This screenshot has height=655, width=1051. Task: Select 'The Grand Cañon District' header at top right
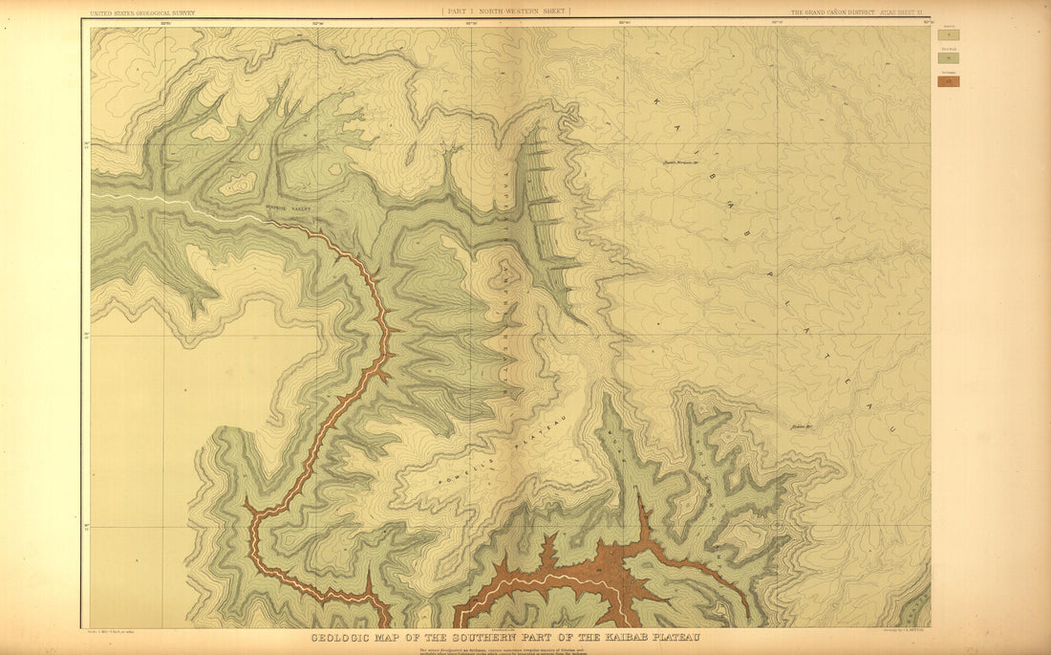(x=828, y=13)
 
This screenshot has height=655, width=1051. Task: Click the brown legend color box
(x=948, y=82)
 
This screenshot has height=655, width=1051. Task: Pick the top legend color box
(x=948, y=34)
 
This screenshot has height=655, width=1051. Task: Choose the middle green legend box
(x=948, y=58)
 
